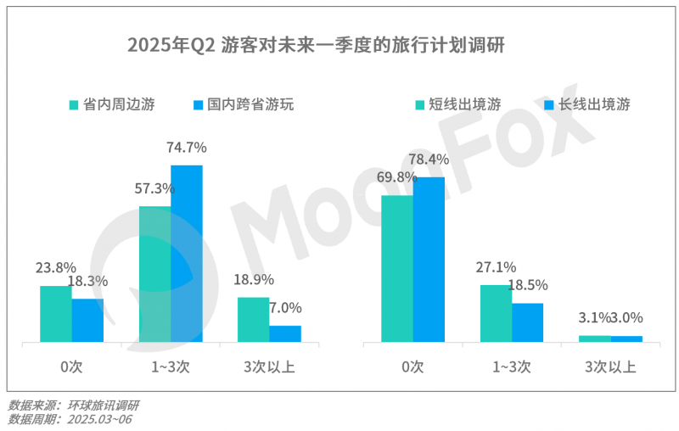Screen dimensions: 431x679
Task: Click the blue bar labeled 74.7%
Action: point(187,254)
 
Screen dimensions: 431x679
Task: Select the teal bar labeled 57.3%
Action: point(154,275)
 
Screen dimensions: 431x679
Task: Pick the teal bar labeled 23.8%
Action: point(55,314)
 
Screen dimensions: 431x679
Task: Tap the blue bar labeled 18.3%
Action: point(87,321)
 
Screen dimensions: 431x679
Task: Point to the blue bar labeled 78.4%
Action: point(429,260)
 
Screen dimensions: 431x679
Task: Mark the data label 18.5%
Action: point(527,285)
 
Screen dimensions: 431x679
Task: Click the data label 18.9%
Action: point(253,279)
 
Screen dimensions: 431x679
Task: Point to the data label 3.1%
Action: point(594,318)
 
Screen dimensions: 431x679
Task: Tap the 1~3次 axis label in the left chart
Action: point(171,367)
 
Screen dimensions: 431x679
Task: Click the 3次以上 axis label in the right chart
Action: point(610,367)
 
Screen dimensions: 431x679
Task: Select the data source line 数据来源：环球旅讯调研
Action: point(74,406)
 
